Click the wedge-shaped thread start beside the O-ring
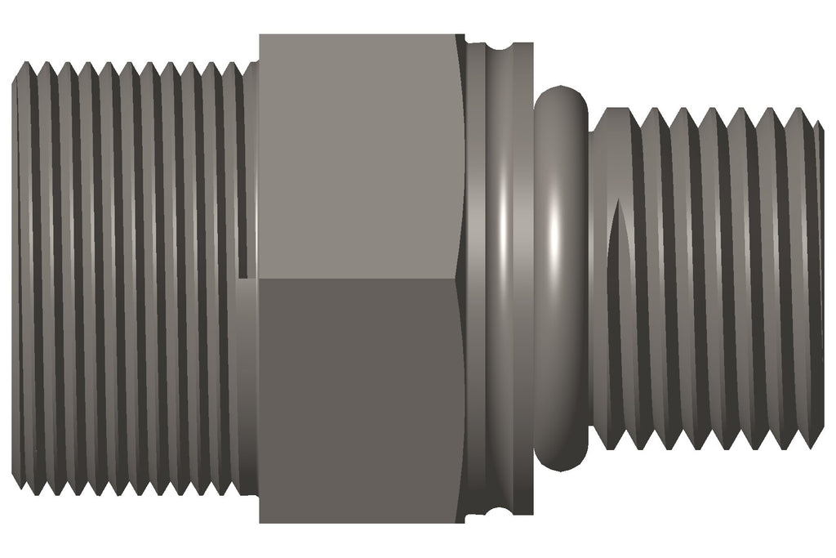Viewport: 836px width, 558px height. click(617, 245)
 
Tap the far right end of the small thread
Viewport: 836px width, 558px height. click(820, 278)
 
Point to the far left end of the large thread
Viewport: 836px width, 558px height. click(15, 278)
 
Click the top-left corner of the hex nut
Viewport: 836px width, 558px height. click(260, 35)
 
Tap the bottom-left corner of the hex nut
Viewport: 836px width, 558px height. click(260, 522)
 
